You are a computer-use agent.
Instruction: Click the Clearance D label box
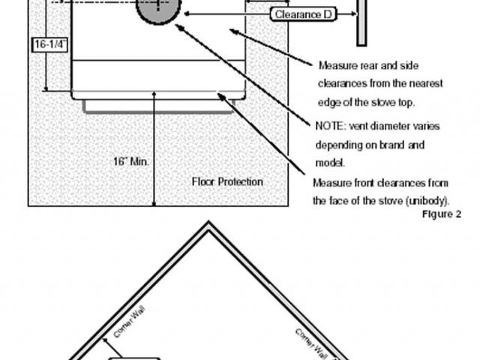click(303, 14)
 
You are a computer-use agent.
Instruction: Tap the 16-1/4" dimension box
click(49, 44)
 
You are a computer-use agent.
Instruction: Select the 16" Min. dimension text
click(131, 161)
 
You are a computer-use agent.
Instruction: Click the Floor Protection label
click(227, 181)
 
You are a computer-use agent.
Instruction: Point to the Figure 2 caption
click(442, 214)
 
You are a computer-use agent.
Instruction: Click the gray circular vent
click(158, 9)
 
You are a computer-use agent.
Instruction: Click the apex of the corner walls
click(208, 222)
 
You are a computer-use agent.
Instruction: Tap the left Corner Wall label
click(129, 322)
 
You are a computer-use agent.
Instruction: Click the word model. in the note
click(330, 163)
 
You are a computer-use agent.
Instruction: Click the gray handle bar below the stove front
click(158, 106)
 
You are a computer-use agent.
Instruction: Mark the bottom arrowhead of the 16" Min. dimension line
click(154, 203)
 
